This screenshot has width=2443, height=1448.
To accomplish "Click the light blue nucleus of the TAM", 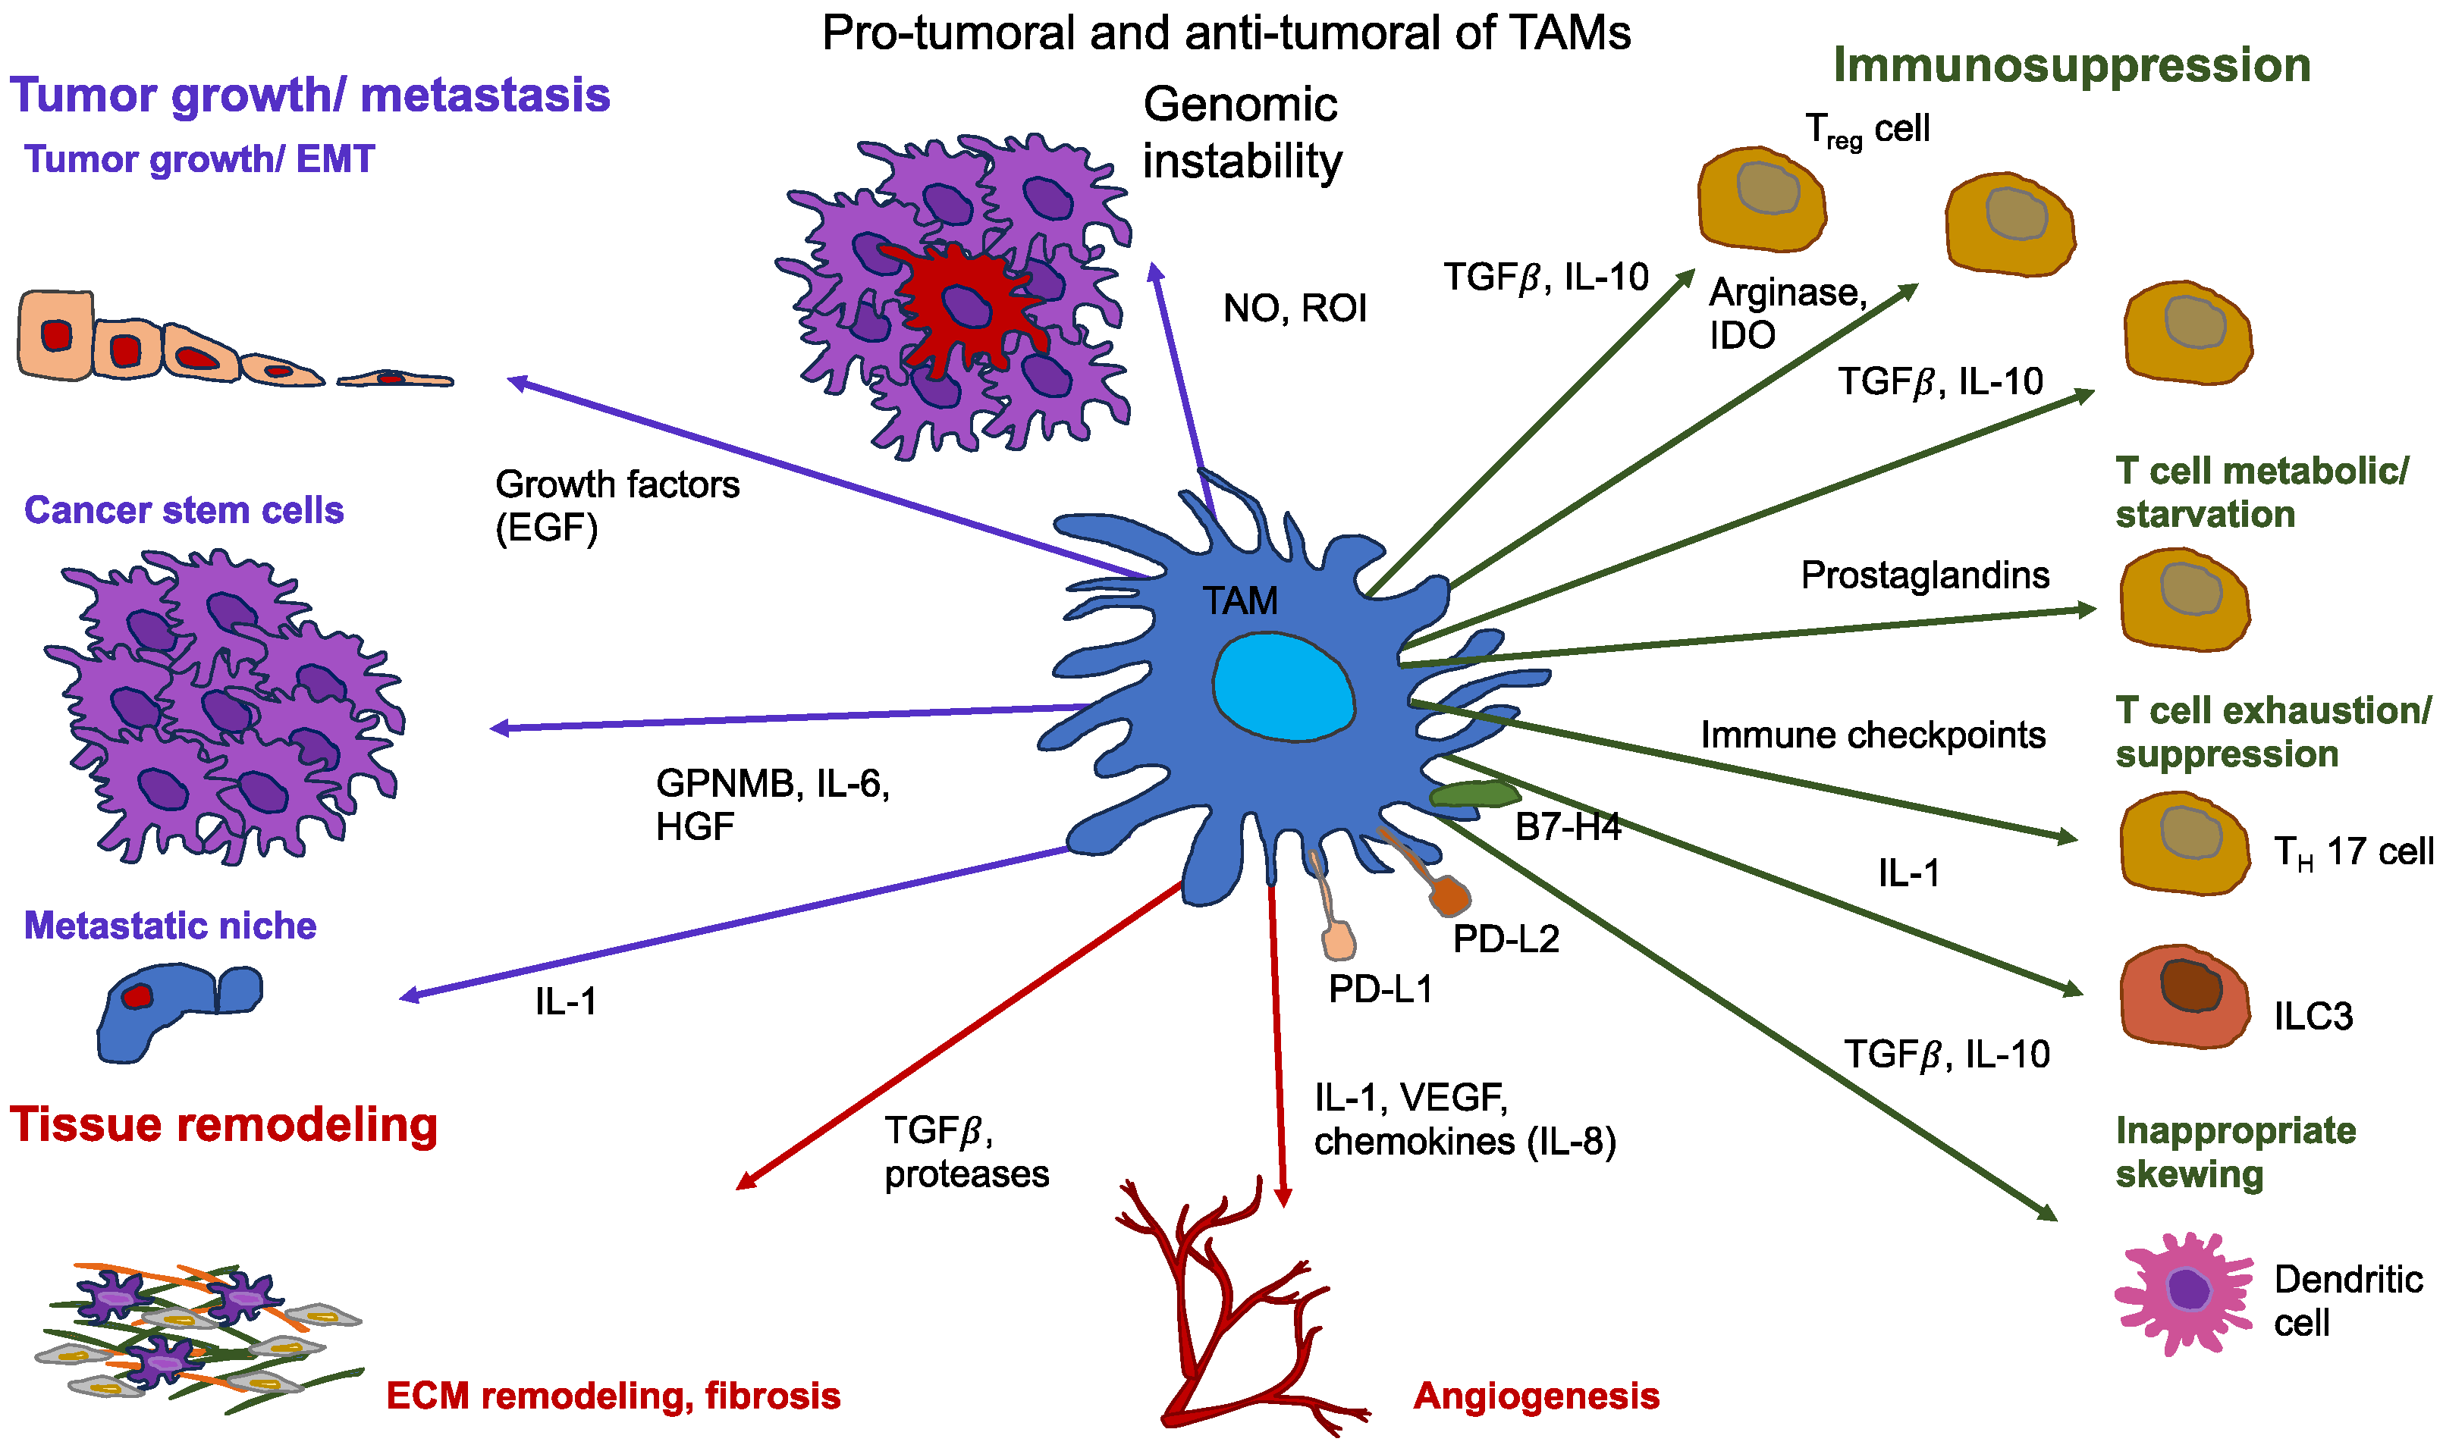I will click(1283, 686).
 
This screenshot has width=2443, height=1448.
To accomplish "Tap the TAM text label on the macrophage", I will click(1239, 601).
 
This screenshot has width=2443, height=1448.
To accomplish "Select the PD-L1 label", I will click(1380, 989).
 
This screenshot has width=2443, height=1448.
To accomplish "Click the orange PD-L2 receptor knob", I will click(1449, 897).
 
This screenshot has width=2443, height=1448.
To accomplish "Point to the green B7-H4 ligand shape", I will click(1474, 795).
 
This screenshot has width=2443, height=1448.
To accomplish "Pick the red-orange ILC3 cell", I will click(2184, 995).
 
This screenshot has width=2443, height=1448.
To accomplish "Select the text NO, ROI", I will click(1294, 309).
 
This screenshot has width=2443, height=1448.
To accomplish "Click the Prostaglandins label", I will click(1925, 575).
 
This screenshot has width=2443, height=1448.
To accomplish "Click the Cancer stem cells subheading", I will click(184, 510).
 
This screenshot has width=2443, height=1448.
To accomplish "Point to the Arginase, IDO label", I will click(1786, 313).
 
